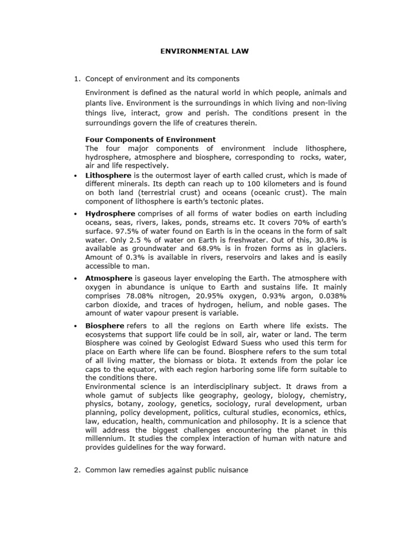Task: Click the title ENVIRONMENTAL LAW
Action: coord(205,51)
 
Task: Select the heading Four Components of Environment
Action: coord(151,139)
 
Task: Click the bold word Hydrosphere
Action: coord(110,214)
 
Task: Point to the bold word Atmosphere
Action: coord(109,278)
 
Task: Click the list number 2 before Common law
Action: coord(76,470)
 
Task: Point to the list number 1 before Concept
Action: coord(76,79)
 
